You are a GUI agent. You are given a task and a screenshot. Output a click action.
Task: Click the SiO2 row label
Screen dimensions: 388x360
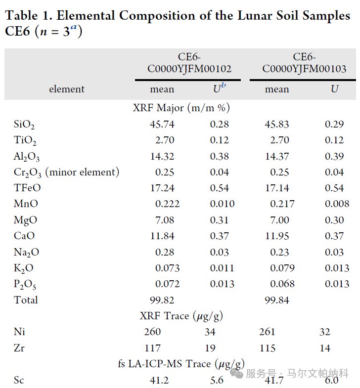click(24, 125)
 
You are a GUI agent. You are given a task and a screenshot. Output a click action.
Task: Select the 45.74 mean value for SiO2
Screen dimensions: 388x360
click(162, 124)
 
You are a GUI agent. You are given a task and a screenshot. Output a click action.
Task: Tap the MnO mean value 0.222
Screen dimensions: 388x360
click(167, 204)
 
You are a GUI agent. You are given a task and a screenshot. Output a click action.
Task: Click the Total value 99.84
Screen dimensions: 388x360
click(277, 300)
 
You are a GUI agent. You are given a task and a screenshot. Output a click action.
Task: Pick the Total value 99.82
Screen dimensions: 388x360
click(162, 300)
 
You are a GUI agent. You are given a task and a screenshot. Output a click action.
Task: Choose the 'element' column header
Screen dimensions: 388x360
click(67, 89)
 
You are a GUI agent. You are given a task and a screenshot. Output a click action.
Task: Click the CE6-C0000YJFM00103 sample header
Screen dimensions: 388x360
click(304, 63)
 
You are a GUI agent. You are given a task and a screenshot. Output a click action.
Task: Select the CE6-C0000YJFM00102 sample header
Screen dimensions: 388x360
click(189, 63)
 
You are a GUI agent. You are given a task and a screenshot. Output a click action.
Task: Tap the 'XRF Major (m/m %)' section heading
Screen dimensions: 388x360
click(181, 107)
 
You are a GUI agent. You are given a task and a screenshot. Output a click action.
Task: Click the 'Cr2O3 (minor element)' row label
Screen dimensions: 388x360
click(66, 172)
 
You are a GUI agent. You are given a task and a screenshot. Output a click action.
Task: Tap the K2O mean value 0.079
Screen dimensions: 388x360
click(282, 268)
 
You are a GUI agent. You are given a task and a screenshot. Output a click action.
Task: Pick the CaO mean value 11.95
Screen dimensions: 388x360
click(277, 236)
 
